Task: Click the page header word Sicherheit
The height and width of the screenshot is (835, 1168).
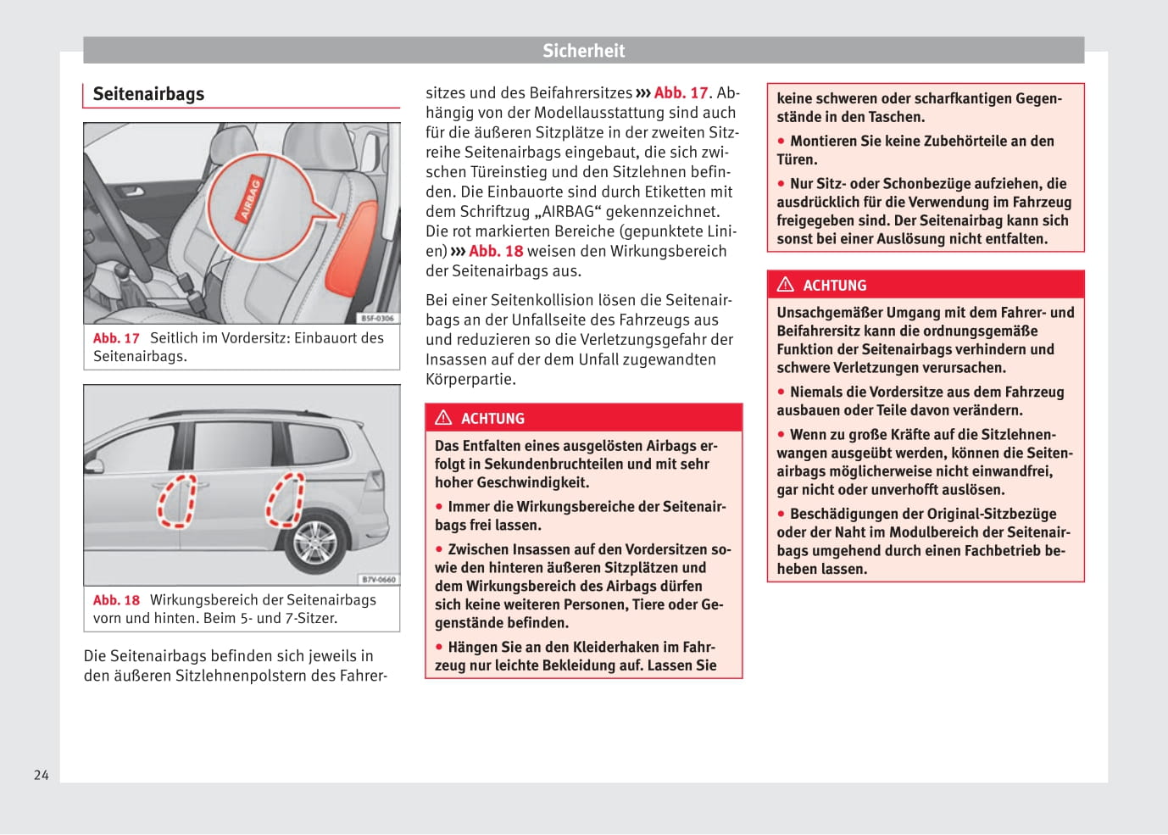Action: click(x=583, y=51)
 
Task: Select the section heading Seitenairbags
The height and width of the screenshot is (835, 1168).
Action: click(x=148, y=94)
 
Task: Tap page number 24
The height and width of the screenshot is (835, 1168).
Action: click(x=42, y=775)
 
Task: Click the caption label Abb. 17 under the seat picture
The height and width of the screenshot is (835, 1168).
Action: click(x=116, y=338)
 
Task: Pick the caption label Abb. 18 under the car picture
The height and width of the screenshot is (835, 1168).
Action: click(x=116, y=600)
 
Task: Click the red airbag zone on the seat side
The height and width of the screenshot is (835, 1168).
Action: click(x=352, y=246)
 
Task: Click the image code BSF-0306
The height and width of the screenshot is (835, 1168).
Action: click(x=377, y=318)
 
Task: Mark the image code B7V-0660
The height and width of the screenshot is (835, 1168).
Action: click(x=378, y=580)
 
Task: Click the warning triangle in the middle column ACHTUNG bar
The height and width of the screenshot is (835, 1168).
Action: click(x=443, y=418)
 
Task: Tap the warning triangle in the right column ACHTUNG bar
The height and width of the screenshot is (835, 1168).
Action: click(x=786, y=285)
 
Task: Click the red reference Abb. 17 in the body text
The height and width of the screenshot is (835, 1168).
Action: click(x=681, y=93)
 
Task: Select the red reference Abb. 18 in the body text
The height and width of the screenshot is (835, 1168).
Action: click(x=496, y=252)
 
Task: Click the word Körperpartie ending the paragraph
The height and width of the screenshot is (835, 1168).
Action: click(x=470, y=380)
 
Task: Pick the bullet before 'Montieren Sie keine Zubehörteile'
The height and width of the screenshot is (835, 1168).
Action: click(x=781, y=141)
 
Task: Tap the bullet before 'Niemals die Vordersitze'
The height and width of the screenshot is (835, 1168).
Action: click(x=781, y=392)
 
